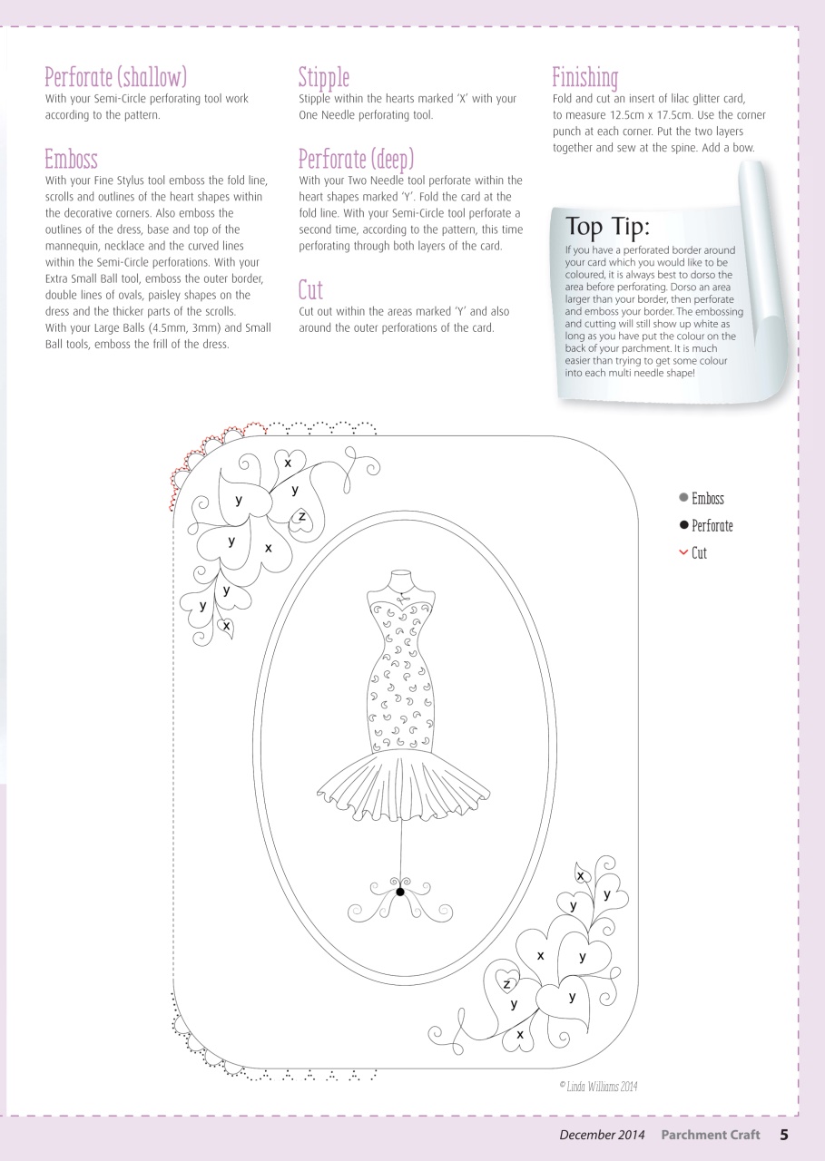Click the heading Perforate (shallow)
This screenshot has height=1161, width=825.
[x=116, y=77]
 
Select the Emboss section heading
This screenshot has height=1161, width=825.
[x=71, y=160]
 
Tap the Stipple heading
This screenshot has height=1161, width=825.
[x=324, y=77]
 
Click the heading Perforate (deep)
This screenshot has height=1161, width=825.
[x=356, y=160]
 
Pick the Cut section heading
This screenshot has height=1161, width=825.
[x=310, y=290]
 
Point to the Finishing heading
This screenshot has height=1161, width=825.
[x=585, y=77]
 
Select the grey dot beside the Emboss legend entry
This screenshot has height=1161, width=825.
[x=683, y=498]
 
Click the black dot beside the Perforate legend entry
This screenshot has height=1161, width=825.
[x=683, y=525]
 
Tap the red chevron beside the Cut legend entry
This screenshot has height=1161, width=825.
[x=683, y=552]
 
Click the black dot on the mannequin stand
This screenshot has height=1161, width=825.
[x=399, y=893]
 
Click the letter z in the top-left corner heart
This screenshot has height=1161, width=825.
[x=301, y=516]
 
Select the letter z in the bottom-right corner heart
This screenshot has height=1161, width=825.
[x=507, y=984]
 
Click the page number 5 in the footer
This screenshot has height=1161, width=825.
[x=783, y=1134]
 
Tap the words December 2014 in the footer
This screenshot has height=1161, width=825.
[x=602, y=1135]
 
